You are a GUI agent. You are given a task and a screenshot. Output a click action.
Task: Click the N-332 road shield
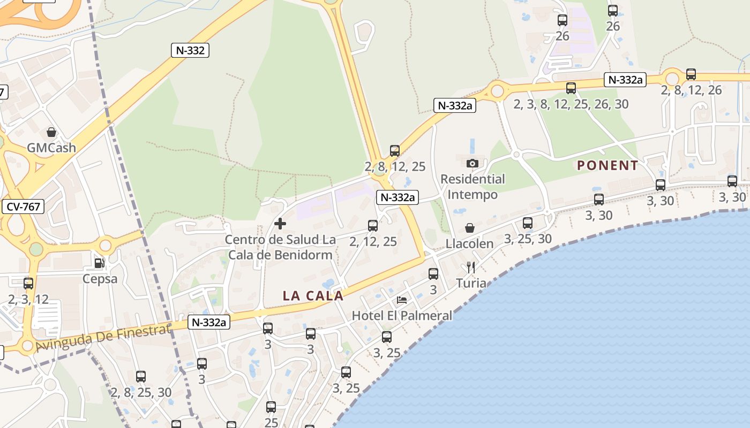pos(190,50)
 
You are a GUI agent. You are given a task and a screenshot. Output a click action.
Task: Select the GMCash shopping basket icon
pos(51,132)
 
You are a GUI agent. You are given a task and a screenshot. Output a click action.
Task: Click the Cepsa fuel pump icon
pos(99,263)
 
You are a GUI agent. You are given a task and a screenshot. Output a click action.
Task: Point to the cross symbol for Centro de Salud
pos(280,224)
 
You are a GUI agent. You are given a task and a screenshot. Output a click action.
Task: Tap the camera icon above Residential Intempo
pos(472,163)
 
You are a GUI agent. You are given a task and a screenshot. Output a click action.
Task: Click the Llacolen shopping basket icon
pos(469,228)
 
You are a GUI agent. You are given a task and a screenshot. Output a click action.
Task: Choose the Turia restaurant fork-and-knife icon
pos(471,267)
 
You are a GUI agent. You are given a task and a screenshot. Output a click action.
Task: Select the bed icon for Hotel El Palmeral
pos(402,300)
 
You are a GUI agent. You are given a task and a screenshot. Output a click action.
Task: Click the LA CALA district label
pos(313,295)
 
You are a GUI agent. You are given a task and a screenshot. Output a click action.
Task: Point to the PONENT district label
pos(607,165)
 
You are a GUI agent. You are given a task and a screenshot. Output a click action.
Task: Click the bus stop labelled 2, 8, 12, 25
pos(395,151)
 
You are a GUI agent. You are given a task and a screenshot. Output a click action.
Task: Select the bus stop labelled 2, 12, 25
pos(373,226)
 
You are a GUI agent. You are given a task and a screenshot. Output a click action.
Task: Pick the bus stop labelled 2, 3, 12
pos(28,284)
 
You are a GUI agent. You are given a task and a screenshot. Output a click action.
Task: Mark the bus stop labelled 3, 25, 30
pos(528,223)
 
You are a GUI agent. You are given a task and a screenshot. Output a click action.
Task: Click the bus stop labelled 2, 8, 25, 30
pos(141,377)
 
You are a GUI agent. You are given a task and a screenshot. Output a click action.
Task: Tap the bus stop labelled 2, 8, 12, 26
pos(691,74)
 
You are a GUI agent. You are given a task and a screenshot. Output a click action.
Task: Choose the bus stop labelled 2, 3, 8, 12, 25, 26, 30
pos(571,88)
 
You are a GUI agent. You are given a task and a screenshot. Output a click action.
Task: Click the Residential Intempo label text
pos(472,186)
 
